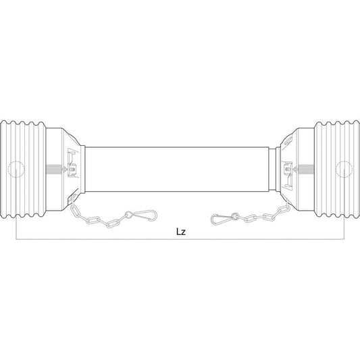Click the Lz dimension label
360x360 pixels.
[179, 231]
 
